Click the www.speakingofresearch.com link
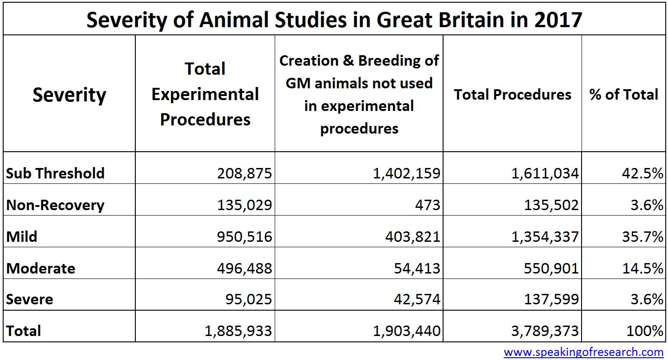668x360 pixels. [583, 352]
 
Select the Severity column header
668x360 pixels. [69, 95]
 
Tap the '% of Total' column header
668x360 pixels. [624, 94]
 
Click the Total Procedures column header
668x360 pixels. [512, 94]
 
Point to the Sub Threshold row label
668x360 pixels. [55, 173]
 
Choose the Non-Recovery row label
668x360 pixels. [55, 205]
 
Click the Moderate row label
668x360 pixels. [41, 268]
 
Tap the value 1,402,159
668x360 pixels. [406, 173]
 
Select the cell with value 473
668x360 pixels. [428, 205]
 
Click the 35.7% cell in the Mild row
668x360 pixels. [642, 236]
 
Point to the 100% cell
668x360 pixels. [644, 331]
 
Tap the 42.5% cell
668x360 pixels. [642, 173]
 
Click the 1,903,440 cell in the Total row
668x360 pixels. [406, 331]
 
